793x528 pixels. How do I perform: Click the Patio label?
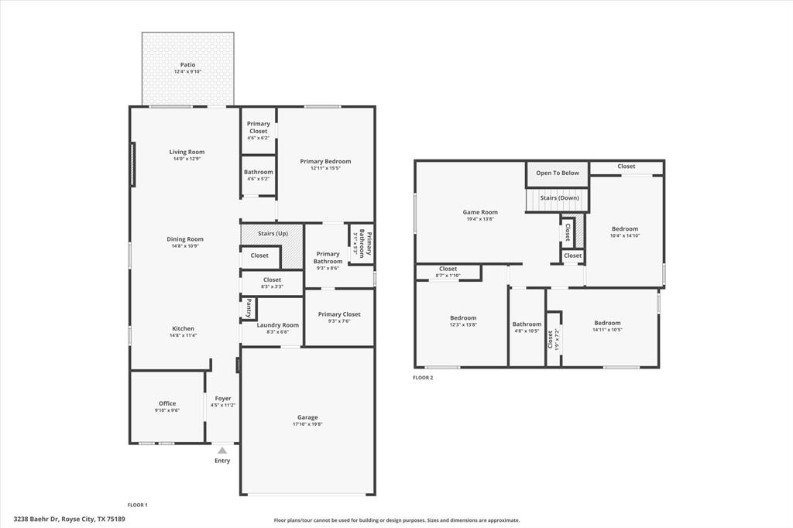coord(187,65)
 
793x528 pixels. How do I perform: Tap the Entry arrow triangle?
coord(222,450)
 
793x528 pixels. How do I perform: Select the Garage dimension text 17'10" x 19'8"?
coord(307,424)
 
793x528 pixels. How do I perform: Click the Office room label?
coord(167,403)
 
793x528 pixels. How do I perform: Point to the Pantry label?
coord(249,308)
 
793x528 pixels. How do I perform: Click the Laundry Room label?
coord(277,325)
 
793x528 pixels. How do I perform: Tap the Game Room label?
coord(480,212)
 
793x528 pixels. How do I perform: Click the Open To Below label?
coord(558,173)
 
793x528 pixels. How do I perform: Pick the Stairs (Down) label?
coord(559,198)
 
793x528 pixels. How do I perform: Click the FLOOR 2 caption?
coord(423,378)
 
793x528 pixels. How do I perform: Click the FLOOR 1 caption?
coord(138,505)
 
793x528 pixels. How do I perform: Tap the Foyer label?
coord(223,399)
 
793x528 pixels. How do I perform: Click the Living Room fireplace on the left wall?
coord(133,164)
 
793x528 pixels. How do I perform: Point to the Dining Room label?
coord(185,239)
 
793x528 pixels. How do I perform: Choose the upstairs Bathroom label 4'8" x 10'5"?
coord(527,324)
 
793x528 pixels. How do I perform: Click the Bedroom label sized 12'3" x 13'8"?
coord(463,318)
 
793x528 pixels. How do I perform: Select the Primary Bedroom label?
coord(325,162)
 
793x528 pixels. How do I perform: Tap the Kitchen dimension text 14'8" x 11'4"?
coord(184,336)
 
